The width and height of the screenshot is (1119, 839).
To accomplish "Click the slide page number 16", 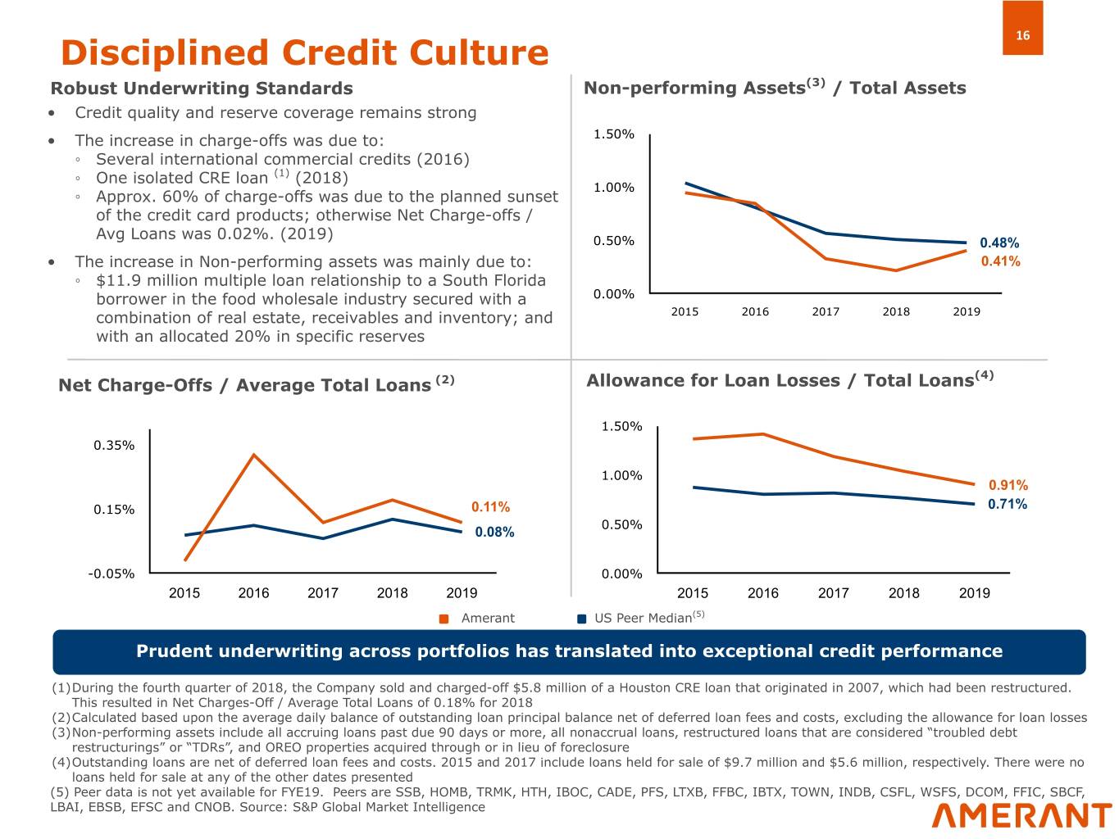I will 1022,35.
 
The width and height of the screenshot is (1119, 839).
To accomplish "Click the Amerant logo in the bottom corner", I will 1021,815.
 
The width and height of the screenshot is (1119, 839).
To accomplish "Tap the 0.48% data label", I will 999,243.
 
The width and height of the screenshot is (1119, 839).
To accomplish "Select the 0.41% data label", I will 1000,261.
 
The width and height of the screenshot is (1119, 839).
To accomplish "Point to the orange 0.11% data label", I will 490,507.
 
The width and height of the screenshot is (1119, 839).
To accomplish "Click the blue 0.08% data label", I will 494,533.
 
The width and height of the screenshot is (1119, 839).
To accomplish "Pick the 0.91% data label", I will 1008,486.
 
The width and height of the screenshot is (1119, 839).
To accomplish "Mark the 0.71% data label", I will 1007,504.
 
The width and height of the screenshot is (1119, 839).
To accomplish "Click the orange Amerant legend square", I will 444,619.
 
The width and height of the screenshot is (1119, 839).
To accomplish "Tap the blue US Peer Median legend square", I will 582,619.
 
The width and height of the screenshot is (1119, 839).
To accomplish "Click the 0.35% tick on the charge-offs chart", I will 114,446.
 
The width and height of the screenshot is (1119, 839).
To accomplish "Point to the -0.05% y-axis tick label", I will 111,574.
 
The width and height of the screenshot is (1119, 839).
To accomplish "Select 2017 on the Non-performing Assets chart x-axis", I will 826,311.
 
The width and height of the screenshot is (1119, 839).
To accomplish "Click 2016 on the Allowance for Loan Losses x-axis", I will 762,593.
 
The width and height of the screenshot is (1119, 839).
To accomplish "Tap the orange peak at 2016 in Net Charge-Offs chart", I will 254,455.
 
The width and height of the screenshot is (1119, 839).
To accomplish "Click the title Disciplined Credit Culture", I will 304,52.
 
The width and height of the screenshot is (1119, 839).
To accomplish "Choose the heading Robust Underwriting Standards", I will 202,88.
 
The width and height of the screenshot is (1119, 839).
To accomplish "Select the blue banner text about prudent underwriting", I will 569,651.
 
